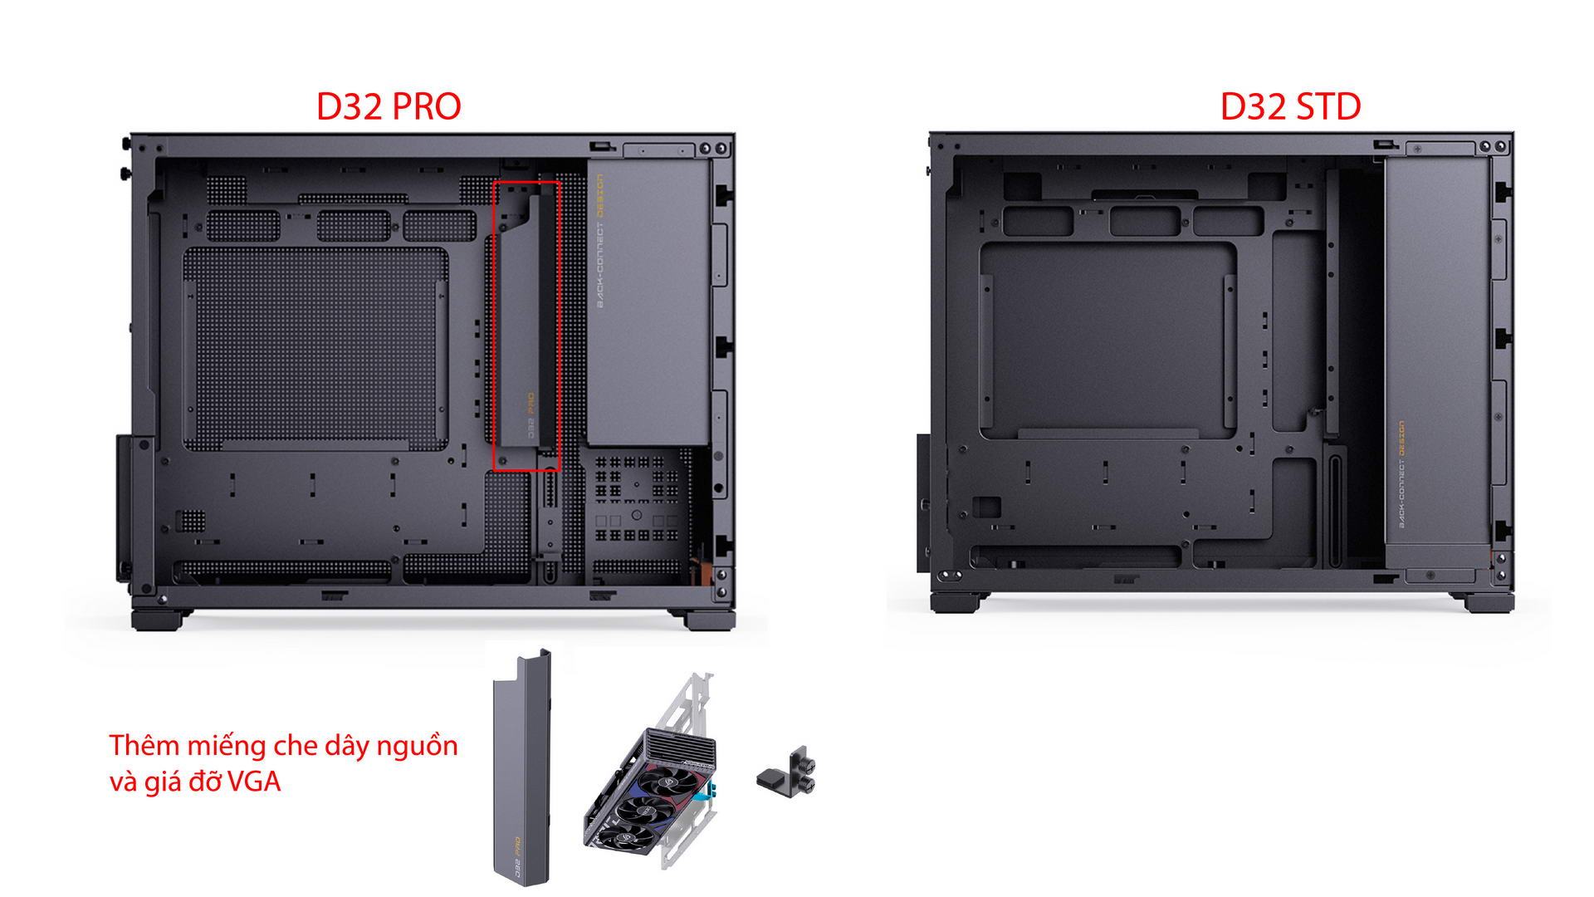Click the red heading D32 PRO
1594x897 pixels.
(389, 106)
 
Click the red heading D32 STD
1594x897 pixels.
(1290, 106)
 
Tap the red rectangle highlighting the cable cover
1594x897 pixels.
(527, 325)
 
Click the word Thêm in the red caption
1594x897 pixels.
(144, 745)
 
